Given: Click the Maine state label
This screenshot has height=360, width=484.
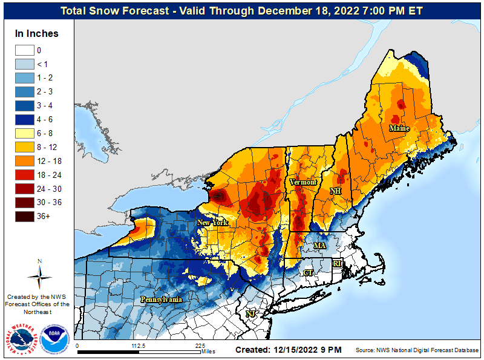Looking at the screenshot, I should pos(399,128).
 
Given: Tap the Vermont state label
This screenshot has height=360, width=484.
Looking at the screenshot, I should pos(302,182).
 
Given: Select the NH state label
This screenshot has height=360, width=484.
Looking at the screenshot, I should pos(335,191).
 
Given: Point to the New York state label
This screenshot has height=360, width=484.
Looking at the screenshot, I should pos(212,223).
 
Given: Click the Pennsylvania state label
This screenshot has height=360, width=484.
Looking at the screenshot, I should pos(162,299).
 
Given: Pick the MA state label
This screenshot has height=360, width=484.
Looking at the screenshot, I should pos(319,246).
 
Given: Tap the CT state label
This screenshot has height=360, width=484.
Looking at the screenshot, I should pos(308,273).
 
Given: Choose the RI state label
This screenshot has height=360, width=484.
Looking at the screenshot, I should pos(337,263).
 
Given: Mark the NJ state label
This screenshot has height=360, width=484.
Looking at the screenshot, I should pos(250,313).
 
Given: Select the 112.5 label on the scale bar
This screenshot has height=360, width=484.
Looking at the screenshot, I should pos(139,346).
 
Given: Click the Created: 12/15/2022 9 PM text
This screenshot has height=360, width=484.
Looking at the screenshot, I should pos(289,350).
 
